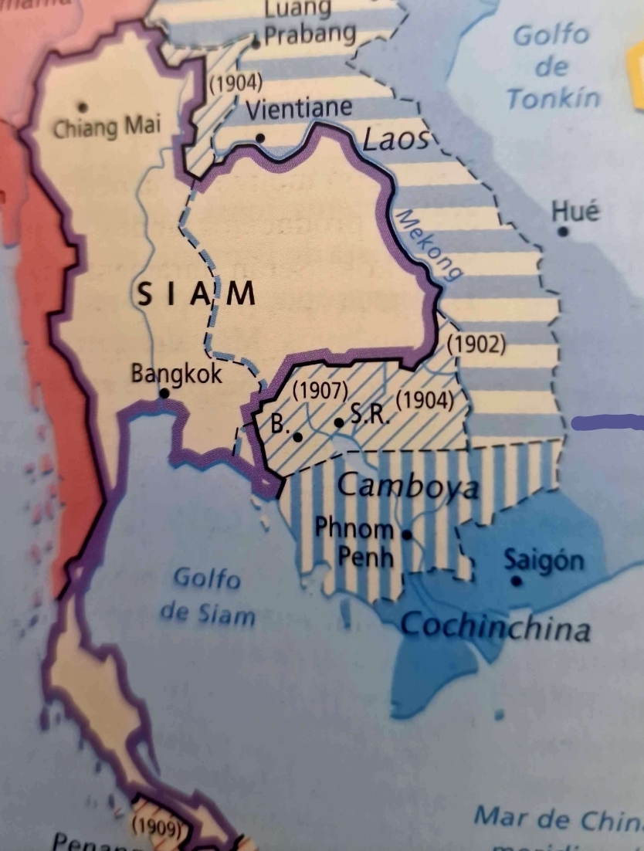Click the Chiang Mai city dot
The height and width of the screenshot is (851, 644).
coord(83,107)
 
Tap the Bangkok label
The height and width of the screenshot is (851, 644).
coord(176,375)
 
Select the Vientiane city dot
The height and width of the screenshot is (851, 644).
coord(260,138)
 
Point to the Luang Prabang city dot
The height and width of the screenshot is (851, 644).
coord(256,43)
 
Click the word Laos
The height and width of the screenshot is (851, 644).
coord(395,140)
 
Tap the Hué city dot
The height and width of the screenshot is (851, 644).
coord(564,231)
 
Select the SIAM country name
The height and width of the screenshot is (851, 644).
coord(195,295)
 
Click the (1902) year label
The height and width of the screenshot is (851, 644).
coord(476,344)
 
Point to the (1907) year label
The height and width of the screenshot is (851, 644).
coord(320,391)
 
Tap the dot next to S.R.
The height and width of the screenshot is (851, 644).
coord(339,422)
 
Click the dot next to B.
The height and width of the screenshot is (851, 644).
coord(298,436)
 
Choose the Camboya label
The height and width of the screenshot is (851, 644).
coord(408,487)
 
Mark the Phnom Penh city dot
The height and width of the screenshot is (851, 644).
coord(407,533)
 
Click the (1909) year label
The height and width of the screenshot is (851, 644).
coord(157,826)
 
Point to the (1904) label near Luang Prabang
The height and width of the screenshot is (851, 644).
coord(236,83)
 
